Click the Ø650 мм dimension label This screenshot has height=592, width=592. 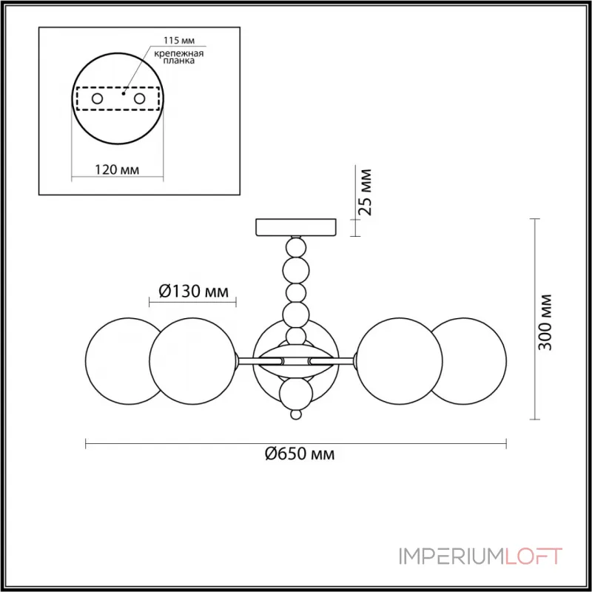pyautogui.click(x=300, y=454)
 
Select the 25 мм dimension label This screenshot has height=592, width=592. pyautogui.click(x=366, y=192)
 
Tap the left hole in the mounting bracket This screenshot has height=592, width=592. pyautogui.click(x=97, y=98)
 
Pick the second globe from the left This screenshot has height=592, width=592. pyautogui.click(x=192, y=360)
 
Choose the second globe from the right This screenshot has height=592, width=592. pyautogui.click(x=400, y=360)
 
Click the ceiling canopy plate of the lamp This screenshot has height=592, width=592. pyautogui.click(x=295, y=226)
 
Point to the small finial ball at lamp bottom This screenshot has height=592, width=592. pyautogui.click(x=296, y=416)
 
